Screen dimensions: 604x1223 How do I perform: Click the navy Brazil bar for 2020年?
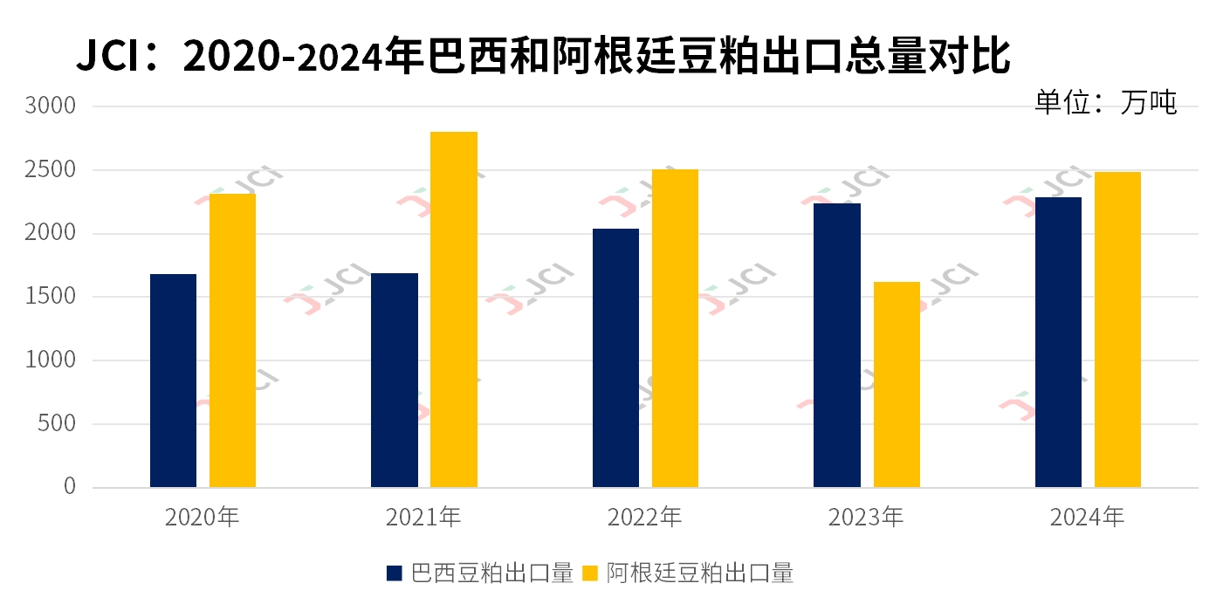[173, 381]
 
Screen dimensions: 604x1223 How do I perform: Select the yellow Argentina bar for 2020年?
[232, 340]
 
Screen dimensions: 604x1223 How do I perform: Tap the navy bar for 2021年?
[394, 380]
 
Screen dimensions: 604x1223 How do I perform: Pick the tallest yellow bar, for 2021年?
[453, 309]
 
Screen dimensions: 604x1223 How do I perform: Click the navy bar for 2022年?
[615, 358]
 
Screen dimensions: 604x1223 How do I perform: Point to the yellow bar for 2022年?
[675, 328]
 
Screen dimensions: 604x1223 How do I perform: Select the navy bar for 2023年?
[836, 345]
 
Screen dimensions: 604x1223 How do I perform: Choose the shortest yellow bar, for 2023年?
[897, 384]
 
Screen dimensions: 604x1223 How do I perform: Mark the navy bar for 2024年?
[1058, 342]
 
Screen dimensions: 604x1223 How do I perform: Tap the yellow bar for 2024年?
[1117, 329]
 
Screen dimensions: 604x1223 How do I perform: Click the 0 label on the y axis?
[70, 486]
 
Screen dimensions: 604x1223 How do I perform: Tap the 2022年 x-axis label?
[644, 518]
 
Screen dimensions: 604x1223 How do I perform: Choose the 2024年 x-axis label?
[1087, 518]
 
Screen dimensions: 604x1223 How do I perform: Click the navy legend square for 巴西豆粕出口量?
[395, 573]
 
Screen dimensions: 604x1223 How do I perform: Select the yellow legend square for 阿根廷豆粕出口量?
[591, 573]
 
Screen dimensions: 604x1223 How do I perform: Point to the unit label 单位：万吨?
[1105, 102]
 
